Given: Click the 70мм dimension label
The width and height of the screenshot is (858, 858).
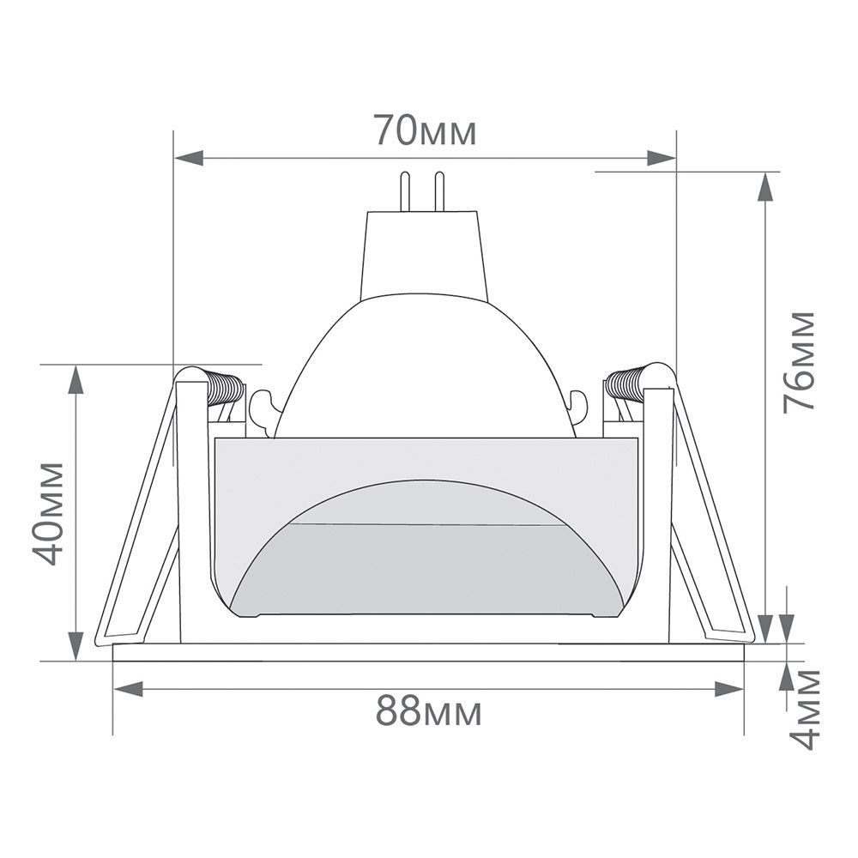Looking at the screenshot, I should click(x=424, y=131).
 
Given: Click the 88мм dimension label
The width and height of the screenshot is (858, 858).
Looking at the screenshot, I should click(x=428, y=712).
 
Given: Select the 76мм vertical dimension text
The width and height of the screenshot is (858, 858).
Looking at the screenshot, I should click(x=799, y=361).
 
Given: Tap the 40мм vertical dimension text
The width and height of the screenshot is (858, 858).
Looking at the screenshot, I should click(x=51, y=513).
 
